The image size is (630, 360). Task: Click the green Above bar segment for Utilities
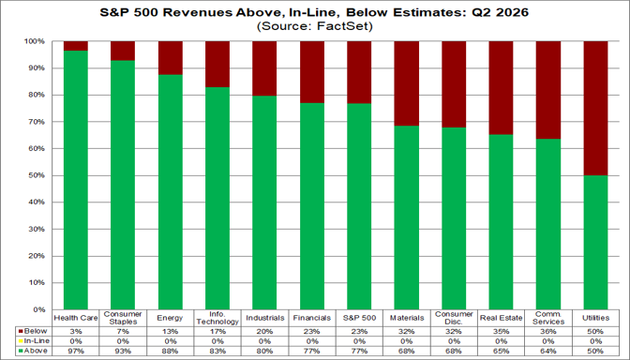[x=595, y=242]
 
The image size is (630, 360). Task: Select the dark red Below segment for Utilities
[x=595, y=109]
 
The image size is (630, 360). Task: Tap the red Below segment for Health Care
[x=76, y=46]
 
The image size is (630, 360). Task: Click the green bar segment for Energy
[x=171, y=192]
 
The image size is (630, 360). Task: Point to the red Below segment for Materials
[x=406, y=83]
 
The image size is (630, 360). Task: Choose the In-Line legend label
[x=37, y=340]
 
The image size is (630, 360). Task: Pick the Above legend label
[x=36, y=351]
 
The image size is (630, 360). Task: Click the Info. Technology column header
[x=217, y=318]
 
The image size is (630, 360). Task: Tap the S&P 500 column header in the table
[x=359, y=318]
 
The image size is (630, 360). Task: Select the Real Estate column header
[x=501, y=318]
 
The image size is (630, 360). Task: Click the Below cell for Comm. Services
[x=548, y=332]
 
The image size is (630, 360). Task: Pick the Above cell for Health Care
[x=76, y=352]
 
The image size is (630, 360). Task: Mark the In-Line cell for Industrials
[x=264, y=341]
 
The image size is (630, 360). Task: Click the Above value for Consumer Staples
[x=123, y=352]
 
